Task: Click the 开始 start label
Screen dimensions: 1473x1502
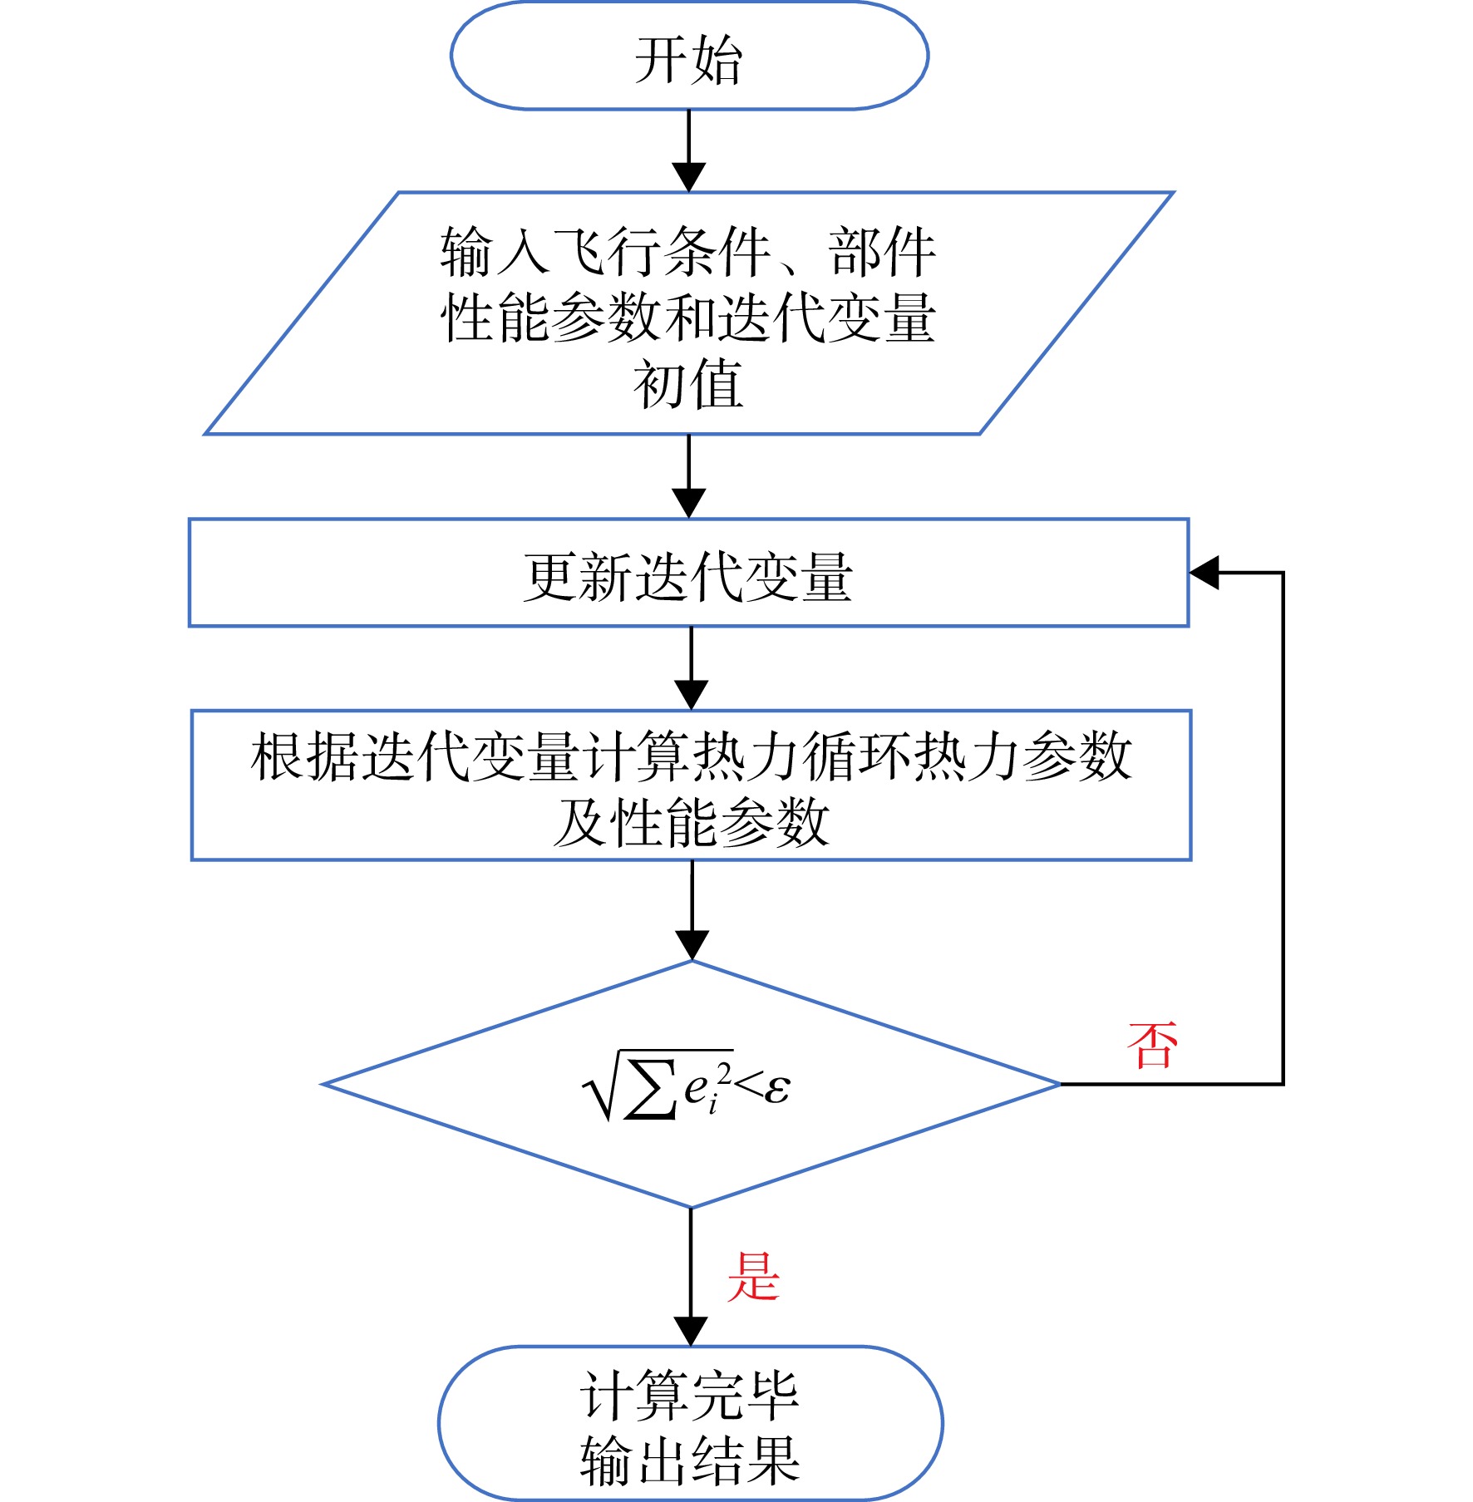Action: coord(688,60)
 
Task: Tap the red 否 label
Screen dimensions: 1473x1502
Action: coord(1153,1045)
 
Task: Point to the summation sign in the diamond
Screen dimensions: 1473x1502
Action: coord(650,1088)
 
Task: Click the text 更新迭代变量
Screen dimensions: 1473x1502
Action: coord(688,577)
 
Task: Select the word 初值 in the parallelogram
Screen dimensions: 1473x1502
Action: coord(688,384)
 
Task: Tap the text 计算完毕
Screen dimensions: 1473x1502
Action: coord(689,1396)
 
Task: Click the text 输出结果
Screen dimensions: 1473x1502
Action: coord(689,1460)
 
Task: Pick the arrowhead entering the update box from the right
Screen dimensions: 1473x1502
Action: coord(1205,573)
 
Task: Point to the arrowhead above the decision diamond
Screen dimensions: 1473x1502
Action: coord(692,945)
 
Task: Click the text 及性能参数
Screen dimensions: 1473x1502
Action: coord(692,823)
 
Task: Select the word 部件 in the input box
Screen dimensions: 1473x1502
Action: coord(882,251)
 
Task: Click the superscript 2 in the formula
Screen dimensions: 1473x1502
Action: coord(724,1075)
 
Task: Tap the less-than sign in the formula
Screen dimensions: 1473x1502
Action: coord(749,1085)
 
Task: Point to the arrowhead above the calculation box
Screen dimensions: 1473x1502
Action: coord(692,695)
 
